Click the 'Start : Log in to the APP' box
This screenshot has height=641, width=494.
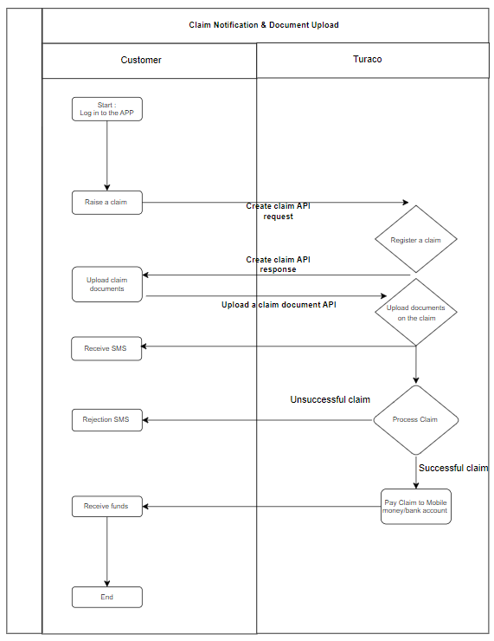pyautogui.click(x=107, y=109)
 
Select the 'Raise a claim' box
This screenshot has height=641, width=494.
pyautogui.click(x=107, y=203)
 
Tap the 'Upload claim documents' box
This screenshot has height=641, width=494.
pyautogui.click(x=107, y=284)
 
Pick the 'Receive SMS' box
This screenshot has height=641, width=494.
pyautogui.click(x=106, y=349)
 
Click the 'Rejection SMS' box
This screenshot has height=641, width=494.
pyautogui.click(x=107, y=420)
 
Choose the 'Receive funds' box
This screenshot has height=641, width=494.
pyautogui.click(x=107, y=507)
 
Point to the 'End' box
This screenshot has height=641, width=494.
pyautogui.click(x=107, y=598)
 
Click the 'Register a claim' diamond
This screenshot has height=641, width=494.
pyautogui.click(x=415, y=239)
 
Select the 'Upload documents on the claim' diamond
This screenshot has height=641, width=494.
pyautogui.click(x=415, y=313)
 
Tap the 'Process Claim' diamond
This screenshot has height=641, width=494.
pyautogui.click(x=415, y=420)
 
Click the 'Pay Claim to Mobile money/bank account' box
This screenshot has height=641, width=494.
pyautogui.click(x=415, y=507)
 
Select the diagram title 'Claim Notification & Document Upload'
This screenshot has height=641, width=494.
pyautogui.click(x=264, y=25)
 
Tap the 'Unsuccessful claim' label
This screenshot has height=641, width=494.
pyautogui.click(x=330, y=399)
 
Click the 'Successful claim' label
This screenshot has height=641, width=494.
pyautogui.click(x=453, y=468)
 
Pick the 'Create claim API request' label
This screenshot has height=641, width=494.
pyautogui.click(x=278, y=211)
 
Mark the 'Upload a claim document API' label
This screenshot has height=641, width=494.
pyautogui.click(x=279, y=305)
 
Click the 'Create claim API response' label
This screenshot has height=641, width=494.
pyautogui.click(x=278, y=264)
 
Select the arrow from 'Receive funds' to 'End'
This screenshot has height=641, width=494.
pyautogui.click(x=107, y=552)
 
